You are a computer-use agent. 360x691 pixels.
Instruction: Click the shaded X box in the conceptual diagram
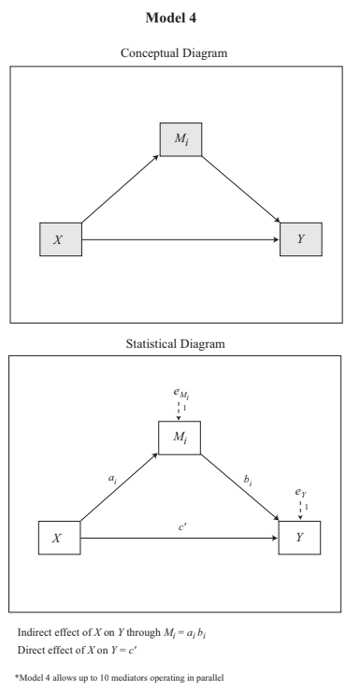(x=59, y=240)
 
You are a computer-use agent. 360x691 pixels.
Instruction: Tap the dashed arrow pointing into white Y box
(x=300, y=509)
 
